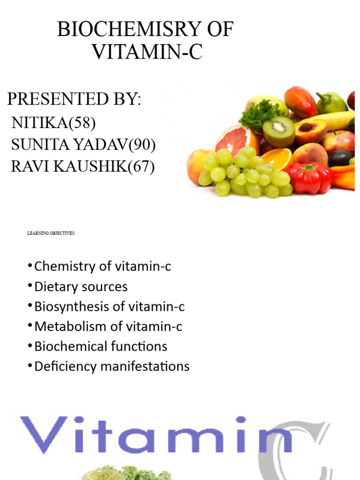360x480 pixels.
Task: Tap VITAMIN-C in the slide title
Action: (147, 51)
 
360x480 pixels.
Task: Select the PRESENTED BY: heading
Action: (74, 99)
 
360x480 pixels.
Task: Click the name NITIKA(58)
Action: (53, 123)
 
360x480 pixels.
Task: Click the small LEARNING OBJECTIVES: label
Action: (52, 233)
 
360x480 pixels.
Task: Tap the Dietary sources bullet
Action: (81, 286)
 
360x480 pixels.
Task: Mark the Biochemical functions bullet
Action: (101, 346)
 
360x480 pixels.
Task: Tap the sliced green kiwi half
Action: (279, 131)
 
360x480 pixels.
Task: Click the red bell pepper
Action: (309, 178)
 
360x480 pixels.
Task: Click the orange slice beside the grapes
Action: (277, 159)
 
